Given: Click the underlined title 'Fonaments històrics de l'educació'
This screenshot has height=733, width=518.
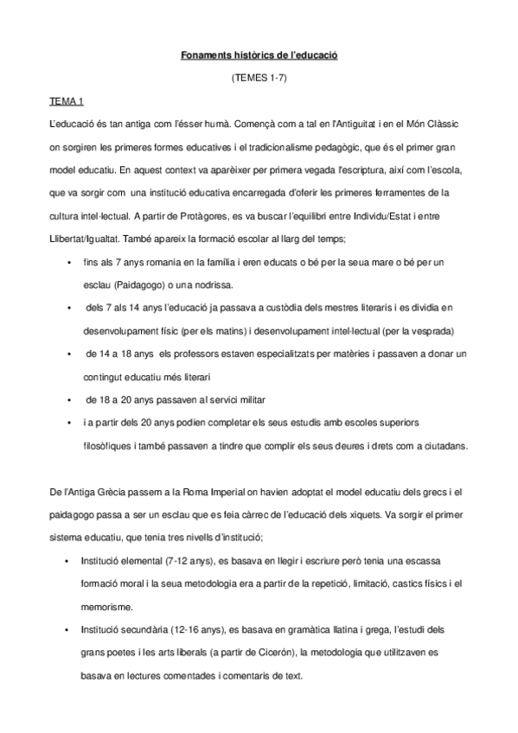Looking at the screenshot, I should [259, 55].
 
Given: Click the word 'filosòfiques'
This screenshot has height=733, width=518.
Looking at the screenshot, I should [109, 446].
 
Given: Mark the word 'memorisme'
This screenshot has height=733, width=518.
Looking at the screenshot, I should [108, 607].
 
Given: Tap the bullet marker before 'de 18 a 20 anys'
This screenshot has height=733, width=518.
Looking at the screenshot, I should [67, 400].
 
